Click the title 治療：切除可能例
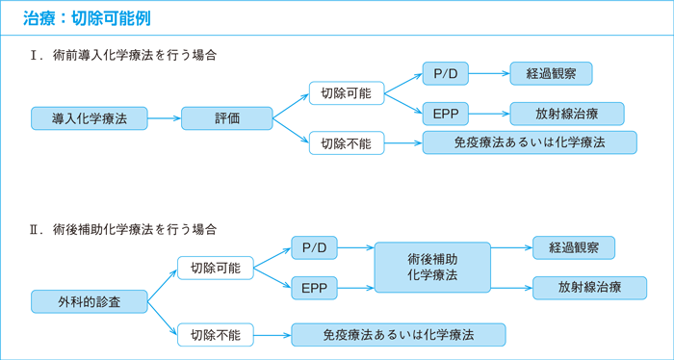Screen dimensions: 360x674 pyautogui.click(x=86, y=18)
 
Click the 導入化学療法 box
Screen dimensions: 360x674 pyautogui.click(x=89, y=118)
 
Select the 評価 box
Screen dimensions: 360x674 pyautogui.click(x=227, y=118)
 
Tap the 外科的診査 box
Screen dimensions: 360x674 pyautogui.click(x=89, y=301)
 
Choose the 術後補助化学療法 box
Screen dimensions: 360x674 pyautogui.click(x=432, y=267)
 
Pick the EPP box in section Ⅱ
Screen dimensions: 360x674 pyautogui.click(x=313, y=287)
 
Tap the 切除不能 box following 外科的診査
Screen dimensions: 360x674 pyautogui.click(x=215, y=334)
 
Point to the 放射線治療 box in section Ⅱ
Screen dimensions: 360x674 pyautogui.click(x=589, y=287)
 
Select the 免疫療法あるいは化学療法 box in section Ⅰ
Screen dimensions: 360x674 pyautogui.click(x=530, y=142)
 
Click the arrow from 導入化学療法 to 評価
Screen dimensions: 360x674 pyautogui.click(x=165, y=118)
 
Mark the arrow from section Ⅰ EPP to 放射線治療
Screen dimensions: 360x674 pyautogui.click(x=487, y=113)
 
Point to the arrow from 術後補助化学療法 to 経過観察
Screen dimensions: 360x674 pyautogui.click(x=511, y=247)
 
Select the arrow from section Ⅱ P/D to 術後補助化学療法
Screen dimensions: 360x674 pyautogui.click(x=354, y=247)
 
